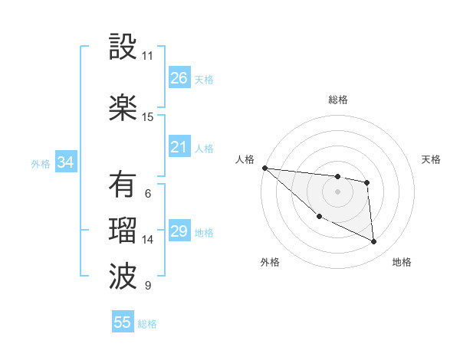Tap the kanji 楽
pos(123,108)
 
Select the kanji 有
pos(123,185)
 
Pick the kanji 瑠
pos(123,231)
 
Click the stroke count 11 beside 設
pos(148,56)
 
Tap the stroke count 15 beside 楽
pos(148,117)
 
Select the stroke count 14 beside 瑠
pos(148,240)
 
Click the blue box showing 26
pos(179,78)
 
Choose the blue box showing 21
pos(179,147)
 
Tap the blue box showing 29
pos(179,231)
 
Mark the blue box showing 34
pos(66,162)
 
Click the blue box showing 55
pos(123,322)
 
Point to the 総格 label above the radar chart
pos(338,100)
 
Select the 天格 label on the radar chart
pos(432,159)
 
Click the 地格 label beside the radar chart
pos(402,262)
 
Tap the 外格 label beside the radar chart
pos(270,262)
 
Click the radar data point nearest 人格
pos(264,168)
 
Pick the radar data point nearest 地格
pos(374,242)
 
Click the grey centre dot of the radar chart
pos(337,191)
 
